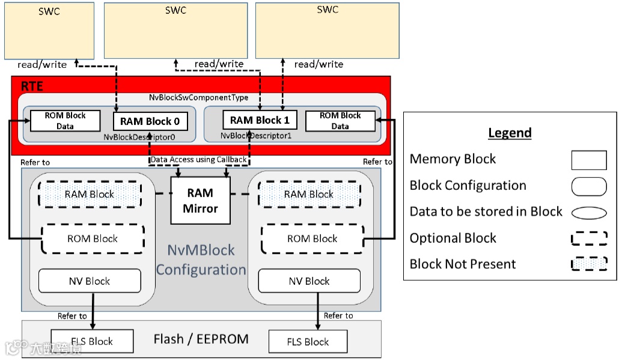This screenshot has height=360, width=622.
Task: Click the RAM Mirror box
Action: pos(200,201)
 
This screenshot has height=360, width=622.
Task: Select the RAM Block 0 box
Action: pos(150,121)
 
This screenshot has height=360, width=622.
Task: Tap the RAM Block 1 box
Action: pos(259,120)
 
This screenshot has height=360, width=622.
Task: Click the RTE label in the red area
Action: pos(32,86)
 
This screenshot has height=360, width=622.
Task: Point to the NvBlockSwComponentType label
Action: pos(198,97)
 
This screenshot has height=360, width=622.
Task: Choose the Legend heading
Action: pos(510,133)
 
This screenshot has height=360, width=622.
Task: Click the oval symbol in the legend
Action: pos(588,212)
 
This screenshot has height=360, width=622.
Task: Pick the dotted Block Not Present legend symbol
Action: pos(588,264)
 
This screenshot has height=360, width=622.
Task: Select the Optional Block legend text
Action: pos(453,238)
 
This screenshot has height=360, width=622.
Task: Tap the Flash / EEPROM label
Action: pos(201,339)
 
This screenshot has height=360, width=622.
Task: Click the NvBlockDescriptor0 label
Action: pos(147,136)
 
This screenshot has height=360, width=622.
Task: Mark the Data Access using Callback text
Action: pos(198,159)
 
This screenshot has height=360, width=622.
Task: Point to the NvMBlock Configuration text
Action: pos(201,260)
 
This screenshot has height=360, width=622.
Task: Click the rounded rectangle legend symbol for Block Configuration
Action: pos(588,186)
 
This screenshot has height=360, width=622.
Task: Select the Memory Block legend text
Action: pos(453,159)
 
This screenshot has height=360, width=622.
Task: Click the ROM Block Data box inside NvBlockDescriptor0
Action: pos(65,121)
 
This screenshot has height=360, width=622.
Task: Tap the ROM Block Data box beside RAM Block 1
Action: pos(340,121)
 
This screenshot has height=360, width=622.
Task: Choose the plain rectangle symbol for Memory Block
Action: pos(588,160)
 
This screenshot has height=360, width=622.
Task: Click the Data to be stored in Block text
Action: pos(486,212)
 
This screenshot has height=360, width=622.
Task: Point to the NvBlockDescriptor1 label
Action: pos(257,136)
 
